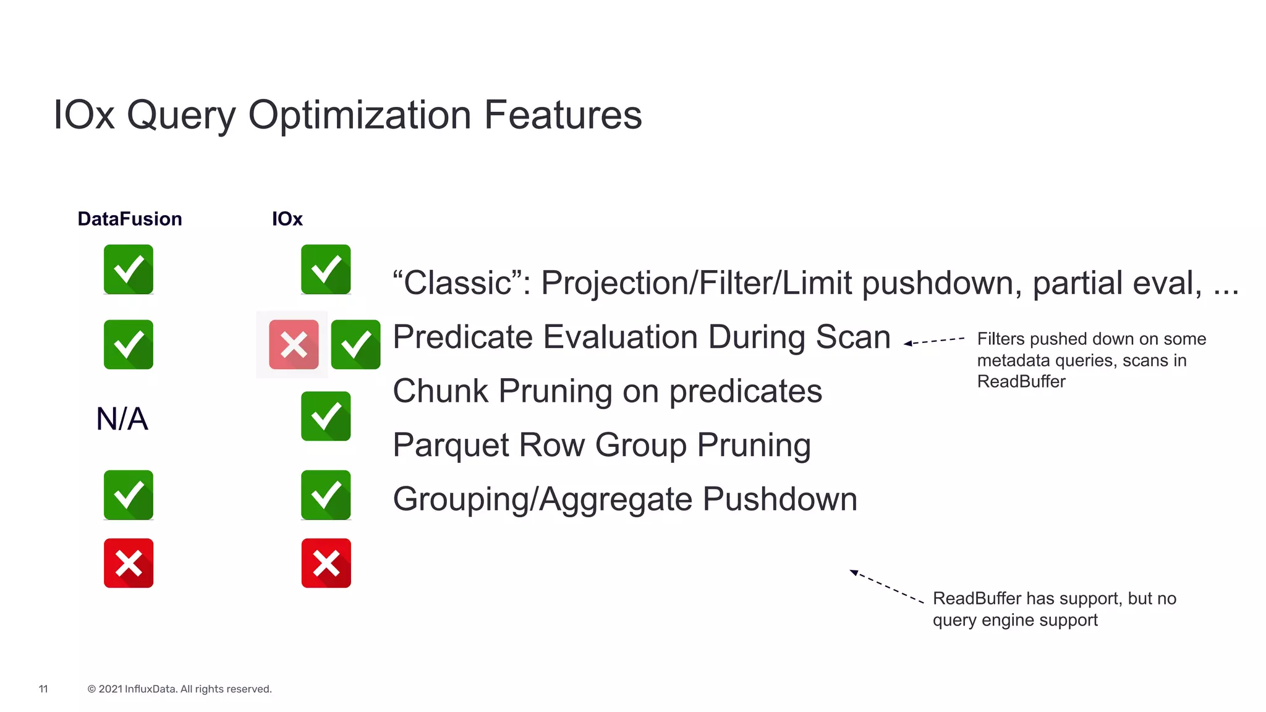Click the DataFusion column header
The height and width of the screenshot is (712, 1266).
pos(130,219)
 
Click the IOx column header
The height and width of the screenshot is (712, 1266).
pos(287,219)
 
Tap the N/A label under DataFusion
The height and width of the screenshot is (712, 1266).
pos(122,419)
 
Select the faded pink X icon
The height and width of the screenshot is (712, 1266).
pos(294,344)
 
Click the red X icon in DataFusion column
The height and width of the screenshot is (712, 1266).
pos(129,563)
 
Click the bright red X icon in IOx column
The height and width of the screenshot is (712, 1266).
pos(326,563)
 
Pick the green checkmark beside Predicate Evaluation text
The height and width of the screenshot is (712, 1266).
pos(355,344)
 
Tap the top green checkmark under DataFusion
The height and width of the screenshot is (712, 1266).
pos(129,269)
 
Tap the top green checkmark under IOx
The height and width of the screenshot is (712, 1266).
pos(326,269)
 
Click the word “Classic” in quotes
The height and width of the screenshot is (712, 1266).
pos(461,283)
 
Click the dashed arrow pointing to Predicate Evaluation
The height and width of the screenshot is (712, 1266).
pos(933,341)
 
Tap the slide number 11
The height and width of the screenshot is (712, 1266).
pos(43,689)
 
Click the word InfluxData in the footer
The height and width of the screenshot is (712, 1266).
pos(150,689)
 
